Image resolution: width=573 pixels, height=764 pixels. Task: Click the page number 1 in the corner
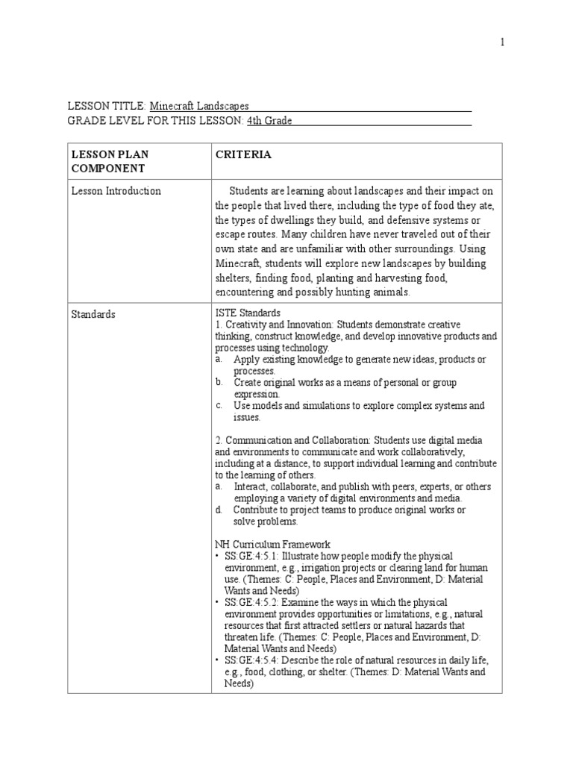coord(502,43)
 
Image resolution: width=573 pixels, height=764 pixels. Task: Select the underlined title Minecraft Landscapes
coord(199,107)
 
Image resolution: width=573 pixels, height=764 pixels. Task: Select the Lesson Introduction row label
coord(116,191)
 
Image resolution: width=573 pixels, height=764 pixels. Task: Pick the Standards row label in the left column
coord(93,314)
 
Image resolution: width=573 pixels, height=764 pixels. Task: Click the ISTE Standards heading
coord(248,313)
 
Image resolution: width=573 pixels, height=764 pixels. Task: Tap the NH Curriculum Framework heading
coord(273,545)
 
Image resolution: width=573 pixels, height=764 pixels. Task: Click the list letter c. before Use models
coord(219,406)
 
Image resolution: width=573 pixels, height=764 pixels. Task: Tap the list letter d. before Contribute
coord(219,510)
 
